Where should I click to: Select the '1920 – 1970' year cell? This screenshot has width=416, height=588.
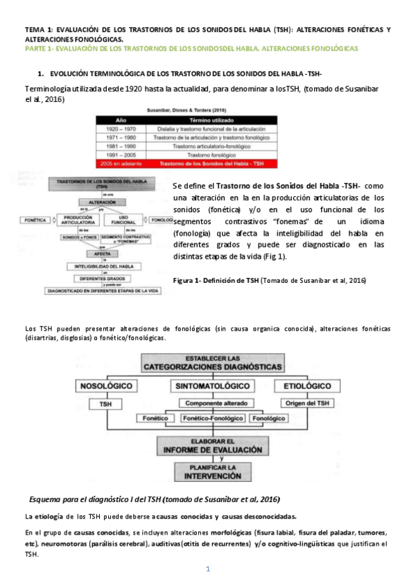[x=121, y=128]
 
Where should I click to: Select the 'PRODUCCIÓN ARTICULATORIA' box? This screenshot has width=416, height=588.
[x=76, y=220]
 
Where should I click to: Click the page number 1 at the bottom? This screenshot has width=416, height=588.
[x=207, y=569]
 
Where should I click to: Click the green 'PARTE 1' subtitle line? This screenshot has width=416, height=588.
[x=191, y=49]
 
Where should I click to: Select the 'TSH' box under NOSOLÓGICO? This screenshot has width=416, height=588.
[x=106, y=403]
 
